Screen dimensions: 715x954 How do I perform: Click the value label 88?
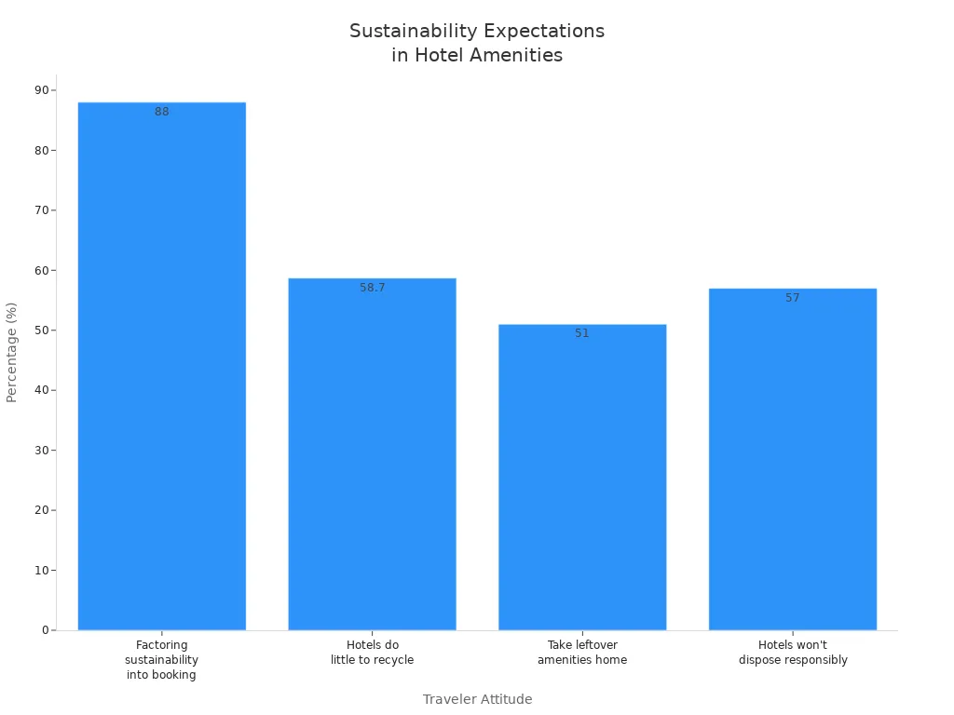tap(162, 112)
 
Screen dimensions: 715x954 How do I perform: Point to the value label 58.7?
tap(373, 288)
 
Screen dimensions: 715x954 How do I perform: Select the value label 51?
tap(582, 333)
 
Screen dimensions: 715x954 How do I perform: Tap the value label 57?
tap(792, 298)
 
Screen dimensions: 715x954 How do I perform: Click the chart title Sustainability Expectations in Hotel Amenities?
tap(477, 43)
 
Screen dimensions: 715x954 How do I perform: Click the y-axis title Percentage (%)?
tap(12, 352)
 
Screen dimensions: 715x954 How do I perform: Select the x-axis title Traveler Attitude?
tap(477, 699)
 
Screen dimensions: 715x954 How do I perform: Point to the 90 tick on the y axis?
tap(42, 90)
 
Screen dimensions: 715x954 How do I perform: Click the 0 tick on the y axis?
tap(45, 630)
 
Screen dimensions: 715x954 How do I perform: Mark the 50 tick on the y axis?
tap(42, 331)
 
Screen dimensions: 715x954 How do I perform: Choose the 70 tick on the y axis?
tap(42, 210)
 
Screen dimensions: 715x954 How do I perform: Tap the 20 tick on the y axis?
tap(42, 510)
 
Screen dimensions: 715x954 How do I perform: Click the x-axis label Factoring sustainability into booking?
tap(161, 660)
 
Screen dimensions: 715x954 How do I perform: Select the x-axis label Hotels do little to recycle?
tap(372, 653)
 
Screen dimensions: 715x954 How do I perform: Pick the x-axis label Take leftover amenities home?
tap(582, 653)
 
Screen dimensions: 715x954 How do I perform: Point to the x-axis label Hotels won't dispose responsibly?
tap(793, 653)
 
